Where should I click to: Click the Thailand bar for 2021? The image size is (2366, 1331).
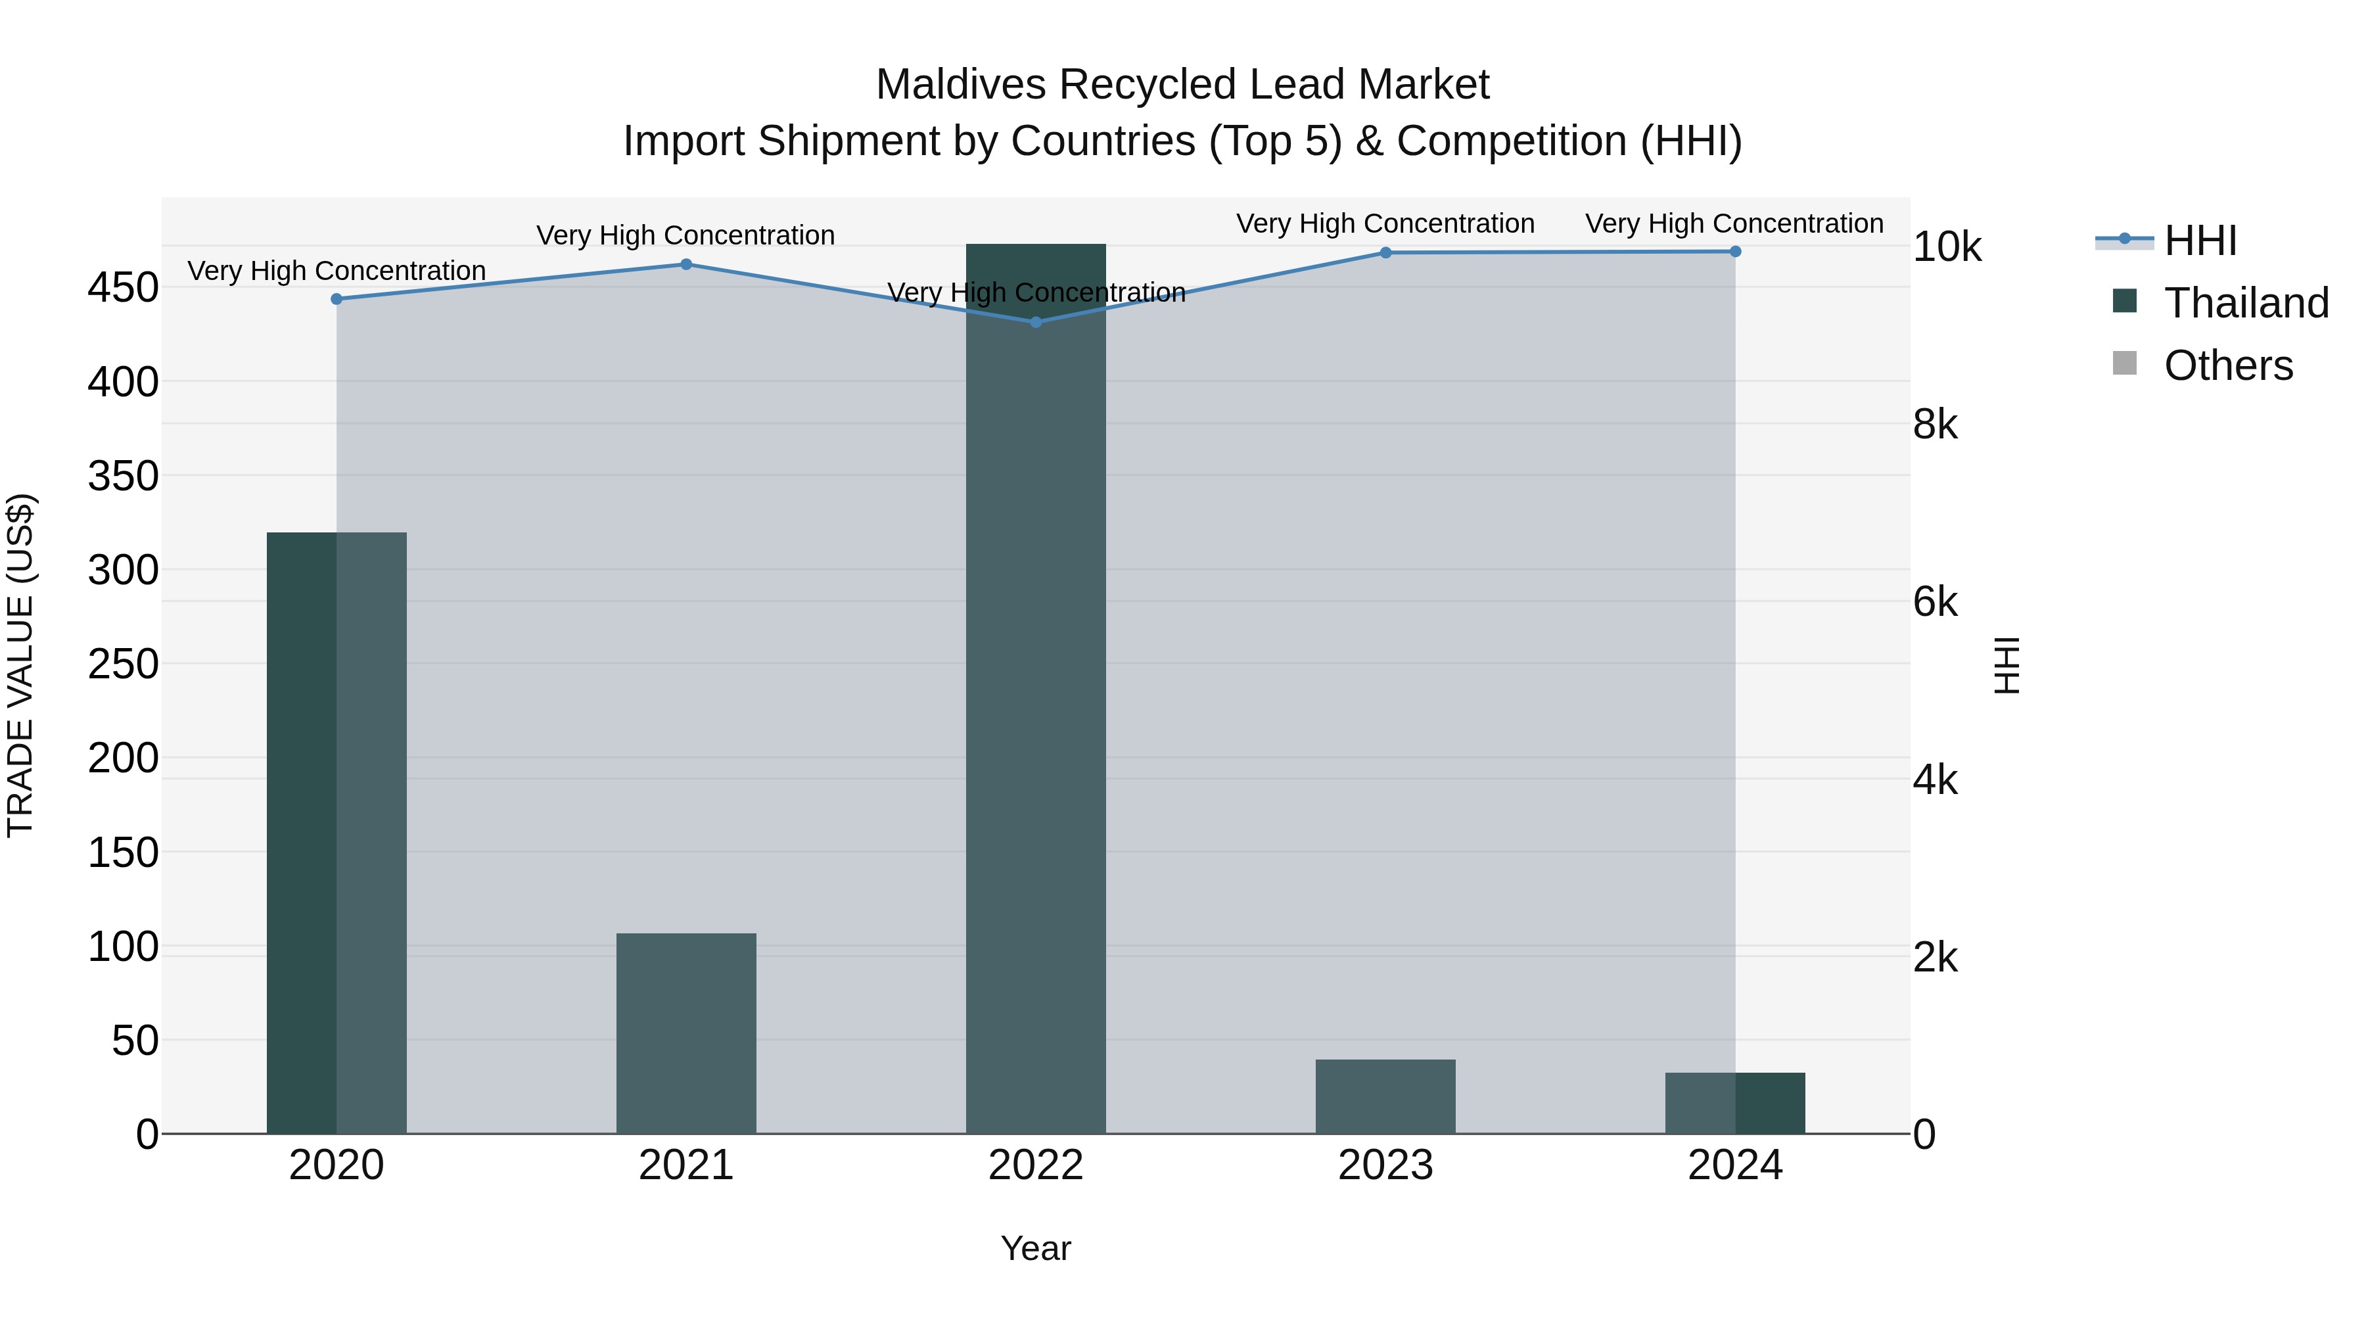[685, 1033]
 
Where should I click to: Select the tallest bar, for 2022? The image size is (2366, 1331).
[1035, 689]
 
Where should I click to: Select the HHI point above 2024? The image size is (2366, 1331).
[1735, 252]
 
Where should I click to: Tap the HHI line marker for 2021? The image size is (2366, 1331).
[686, 264]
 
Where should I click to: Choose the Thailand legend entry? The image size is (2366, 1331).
[2246, 303]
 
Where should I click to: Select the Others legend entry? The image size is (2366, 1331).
[2227, 365]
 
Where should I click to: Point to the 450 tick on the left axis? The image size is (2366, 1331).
[123, 287]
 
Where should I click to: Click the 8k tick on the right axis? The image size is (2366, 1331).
[1936, 425]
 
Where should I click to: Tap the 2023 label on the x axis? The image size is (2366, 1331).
[1385, 1165]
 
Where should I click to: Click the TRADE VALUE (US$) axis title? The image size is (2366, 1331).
[20, 665]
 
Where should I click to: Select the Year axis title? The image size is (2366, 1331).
[1035, 1248]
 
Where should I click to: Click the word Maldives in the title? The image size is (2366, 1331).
[961, 85]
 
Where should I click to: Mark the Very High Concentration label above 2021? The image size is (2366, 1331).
[685, 235]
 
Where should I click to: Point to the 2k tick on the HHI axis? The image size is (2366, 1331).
[1936, 957]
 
